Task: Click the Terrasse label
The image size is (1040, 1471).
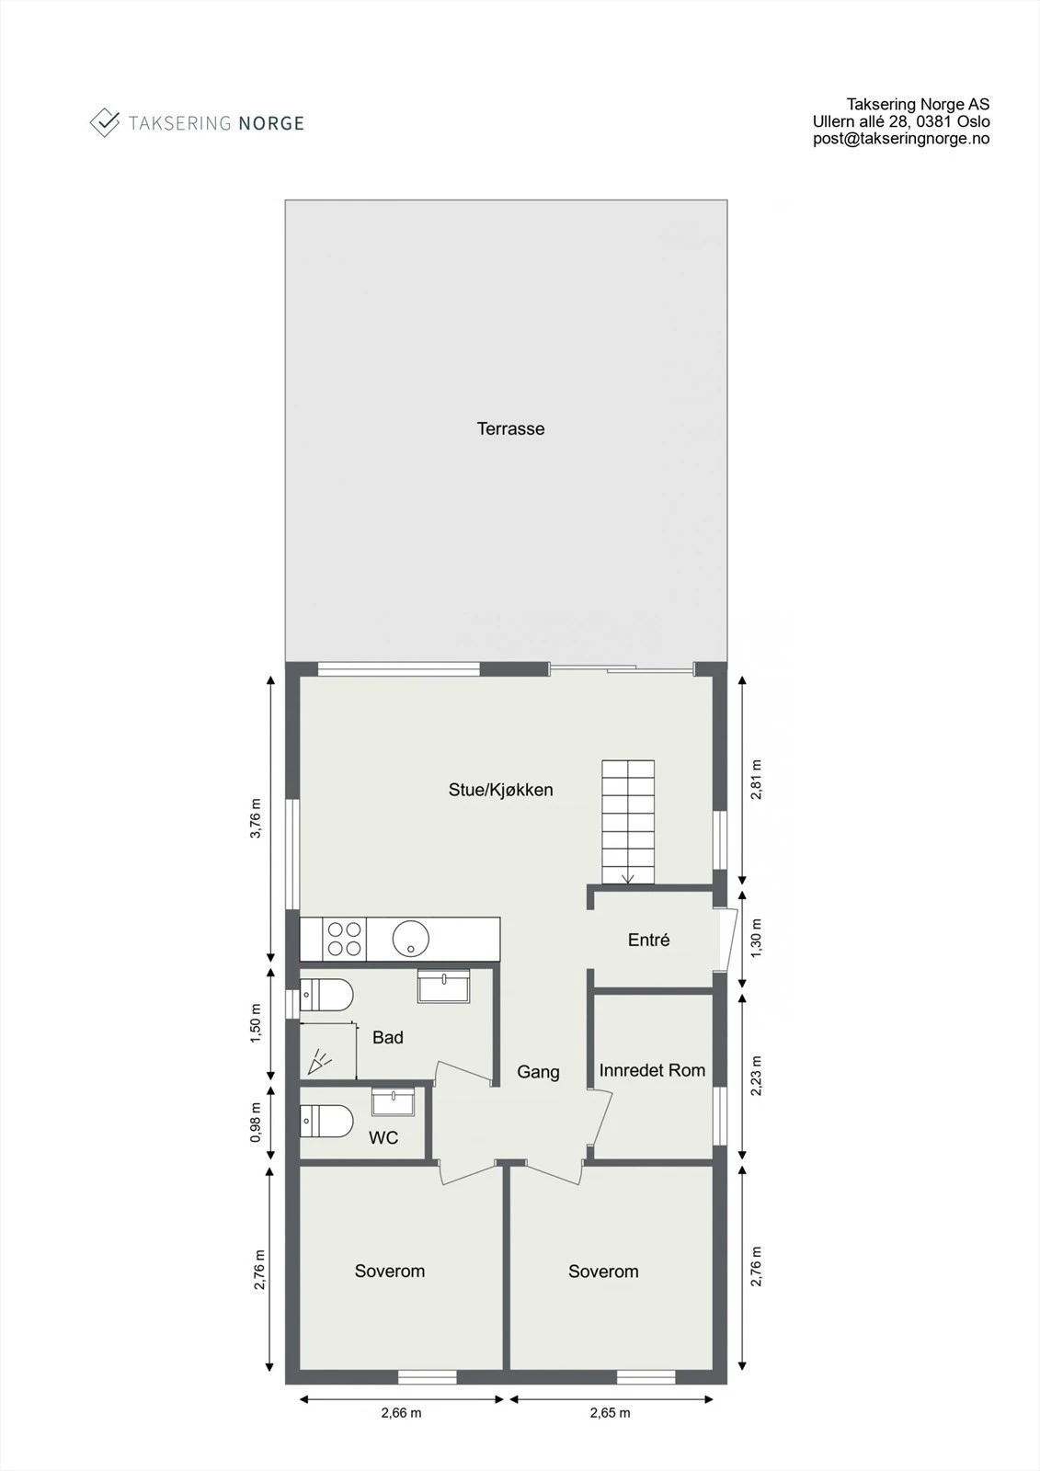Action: tap(510, 428)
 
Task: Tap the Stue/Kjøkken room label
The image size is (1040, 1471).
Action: tap(500, 790)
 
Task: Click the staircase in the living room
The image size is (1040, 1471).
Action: tap(628, 821)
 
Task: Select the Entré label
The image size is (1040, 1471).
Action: tap(648, 940)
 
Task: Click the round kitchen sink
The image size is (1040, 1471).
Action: tap(410, 939)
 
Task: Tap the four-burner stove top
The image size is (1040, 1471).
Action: tap(345, 939)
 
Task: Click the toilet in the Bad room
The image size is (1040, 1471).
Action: tap(327, 996)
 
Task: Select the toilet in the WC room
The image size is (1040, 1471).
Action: tap(327, 1121)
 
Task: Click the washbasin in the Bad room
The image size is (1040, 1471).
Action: tap(443, 986)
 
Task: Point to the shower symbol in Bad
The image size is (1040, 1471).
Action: tap(320, 1062)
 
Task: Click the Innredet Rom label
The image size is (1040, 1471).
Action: tap(652, 1070)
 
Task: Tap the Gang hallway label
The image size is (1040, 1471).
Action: tap(538, 1072)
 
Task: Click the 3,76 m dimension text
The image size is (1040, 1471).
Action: tap(257, 818)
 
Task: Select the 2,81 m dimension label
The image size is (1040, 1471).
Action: tap(756, 779)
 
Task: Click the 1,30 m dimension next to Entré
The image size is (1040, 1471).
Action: tap(756, 938)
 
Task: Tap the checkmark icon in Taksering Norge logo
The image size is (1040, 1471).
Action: tap(105, 122)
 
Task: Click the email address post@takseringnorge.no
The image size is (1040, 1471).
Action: tap(900, 139)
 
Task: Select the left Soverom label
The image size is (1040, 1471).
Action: tap(390, 1271)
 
